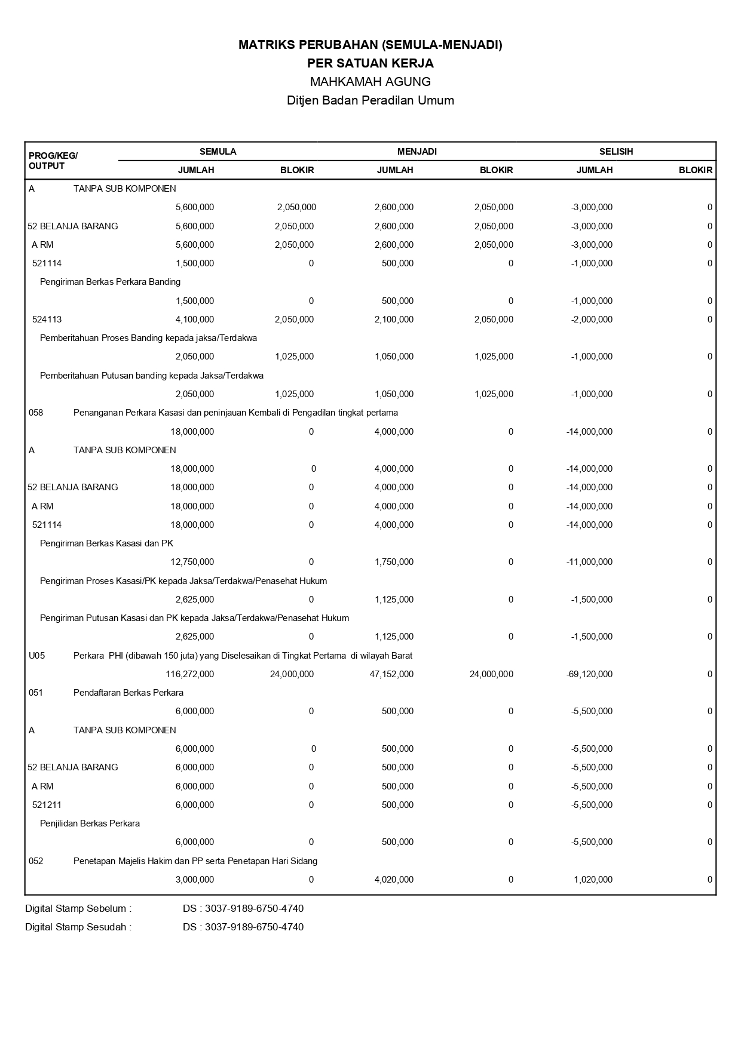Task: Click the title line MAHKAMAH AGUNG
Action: (x=370, y=81)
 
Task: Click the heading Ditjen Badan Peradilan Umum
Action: (x=370, y=100)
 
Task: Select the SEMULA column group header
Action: (x=218, y=152)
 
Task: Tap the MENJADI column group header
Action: (x=417, y=152)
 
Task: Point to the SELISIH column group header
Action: (x=616, y=152)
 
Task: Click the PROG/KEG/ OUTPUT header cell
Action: (x=53, y=161)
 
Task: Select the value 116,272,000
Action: (x=189, y=674)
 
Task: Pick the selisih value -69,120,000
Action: (x=589, y=674)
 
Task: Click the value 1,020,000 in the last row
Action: (x=593, y=880)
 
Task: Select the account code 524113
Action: (x=47, y=319)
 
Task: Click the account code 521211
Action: (x=47, y=805)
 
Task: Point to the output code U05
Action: (x=36, y=656)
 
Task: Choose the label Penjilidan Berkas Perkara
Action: (x=90, y=823)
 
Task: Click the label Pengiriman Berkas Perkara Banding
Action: (x=110, y=282)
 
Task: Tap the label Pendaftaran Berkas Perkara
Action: (x=128, y=693)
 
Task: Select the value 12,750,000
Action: (x=192, y=562)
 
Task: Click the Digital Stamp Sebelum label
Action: (x=78, y=909)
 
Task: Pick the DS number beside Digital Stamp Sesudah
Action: (x=243, y=927)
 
